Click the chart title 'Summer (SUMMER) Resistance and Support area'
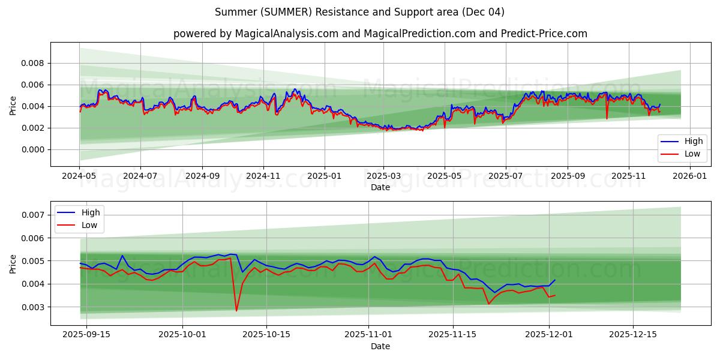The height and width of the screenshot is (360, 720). pos(359,12)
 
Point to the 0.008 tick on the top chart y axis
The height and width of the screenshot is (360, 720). pos(34,63)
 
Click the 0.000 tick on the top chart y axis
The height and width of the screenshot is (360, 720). pos(34,149)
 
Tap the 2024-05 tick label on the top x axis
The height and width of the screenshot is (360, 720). pos(79,177)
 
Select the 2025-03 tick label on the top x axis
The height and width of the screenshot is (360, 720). pos(383,177)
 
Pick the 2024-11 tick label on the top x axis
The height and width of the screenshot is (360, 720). pos(263,177)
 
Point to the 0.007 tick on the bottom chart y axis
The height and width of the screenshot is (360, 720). pos(34,215)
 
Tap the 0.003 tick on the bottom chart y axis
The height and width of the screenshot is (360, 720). pos(34,307)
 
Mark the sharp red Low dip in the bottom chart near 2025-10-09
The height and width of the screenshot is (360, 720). pos(236,310)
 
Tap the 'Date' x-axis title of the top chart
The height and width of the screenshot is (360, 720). pos(380,187)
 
